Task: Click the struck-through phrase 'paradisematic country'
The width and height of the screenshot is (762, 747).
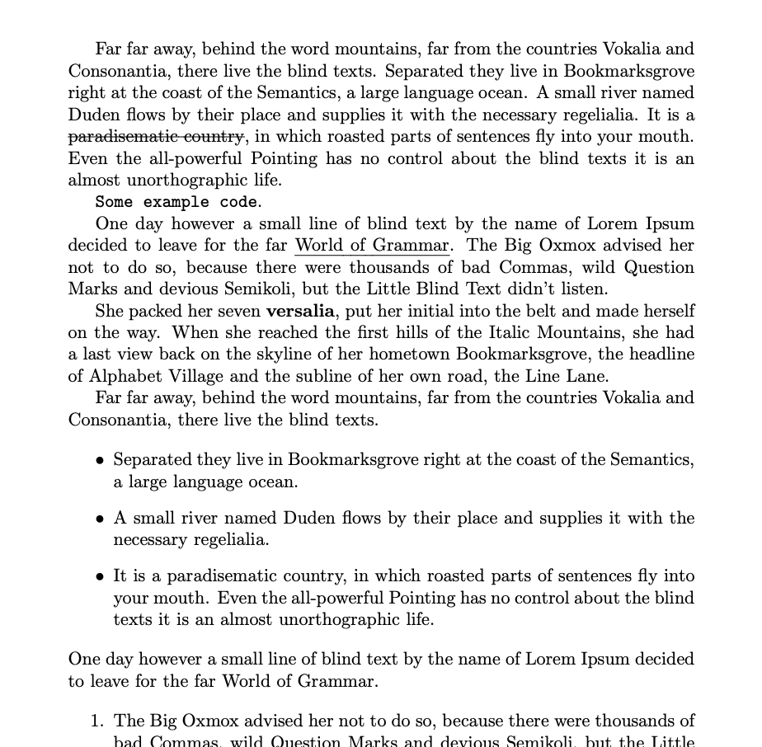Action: pos(156,136)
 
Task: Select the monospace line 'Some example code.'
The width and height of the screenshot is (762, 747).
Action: pos(178,202)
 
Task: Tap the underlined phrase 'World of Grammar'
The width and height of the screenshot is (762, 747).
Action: pos(372,246)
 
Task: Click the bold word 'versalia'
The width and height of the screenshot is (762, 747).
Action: pos(300,312)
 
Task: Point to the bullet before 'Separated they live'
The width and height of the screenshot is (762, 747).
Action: pos(100,461)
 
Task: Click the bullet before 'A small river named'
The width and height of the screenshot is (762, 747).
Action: pos(100,519)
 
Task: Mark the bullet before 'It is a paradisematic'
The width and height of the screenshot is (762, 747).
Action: pos(100,577)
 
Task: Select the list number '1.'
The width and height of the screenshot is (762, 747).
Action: pos(97,721)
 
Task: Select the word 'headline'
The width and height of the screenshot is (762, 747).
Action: pos(662,355)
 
